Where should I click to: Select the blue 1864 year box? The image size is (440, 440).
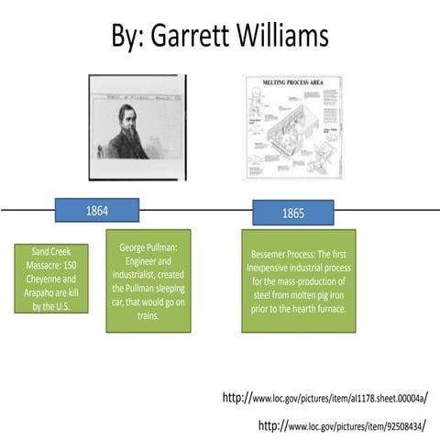pos(97,211)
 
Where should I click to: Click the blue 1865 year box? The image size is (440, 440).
pos(292,213)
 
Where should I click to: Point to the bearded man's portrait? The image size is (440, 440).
pos(145,126)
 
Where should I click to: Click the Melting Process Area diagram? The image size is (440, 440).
pos(294,126)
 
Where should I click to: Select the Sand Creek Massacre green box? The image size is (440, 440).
pos(51,278)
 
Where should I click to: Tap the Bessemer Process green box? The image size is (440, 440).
pos(293,280)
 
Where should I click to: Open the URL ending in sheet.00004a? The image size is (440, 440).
pos(325,399)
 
